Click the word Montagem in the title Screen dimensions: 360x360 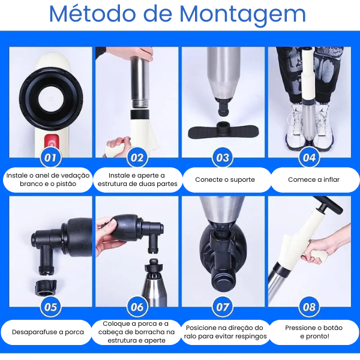[242, 14]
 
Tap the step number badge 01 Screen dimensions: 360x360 [50, 158]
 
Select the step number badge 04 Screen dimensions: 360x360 [309, 158]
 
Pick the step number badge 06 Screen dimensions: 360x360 [137, 307]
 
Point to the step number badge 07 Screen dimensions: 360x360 [223, 307]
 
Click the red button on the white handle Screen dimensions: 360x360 [52, 142]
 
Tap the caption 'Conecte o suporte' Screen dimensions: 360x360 [225, 179]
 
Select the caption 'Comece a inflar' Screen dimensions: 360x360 [314, 179]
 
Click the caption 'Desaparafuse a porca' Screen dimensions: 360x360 [48, 332]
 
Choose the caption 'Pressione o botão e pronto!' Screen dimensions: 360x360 [314, 332]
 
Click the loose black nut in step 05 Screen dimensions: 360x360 [46, 287]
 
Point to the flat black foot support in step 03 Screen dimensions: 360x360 [223, 131]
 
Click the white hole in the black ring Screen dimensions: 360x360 [51, 100]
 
